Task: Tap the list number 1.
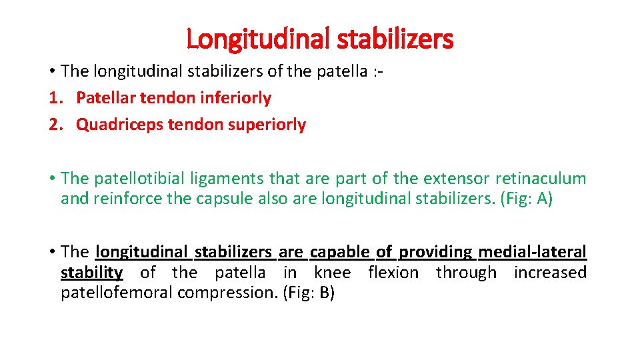pos(53,98)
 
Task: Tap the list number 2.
pos(53,125)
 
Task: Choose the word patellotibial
pos(137,179)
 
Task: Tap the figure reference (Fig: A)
pos(526,199)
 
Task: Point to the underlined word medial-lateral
pos(533,252)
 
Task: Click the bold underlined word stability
pos(91,273)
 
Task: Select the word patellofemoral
pos(114,293)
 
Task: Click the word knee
pos(332,273)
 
